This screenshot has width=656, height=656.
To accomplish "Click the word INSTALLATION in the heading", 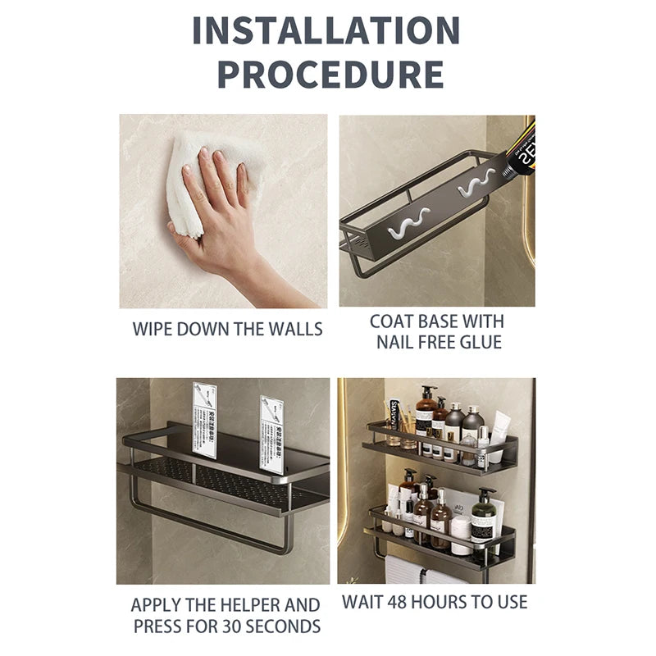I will coord(326,30).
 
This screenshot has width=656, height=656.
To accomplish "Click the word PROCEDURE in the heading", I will coord(330,74).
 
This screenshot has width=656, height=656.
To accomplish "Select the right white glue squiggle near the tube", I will coord(476,182).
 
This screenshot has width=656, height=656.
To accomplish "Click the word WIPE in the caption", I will coord(153,330).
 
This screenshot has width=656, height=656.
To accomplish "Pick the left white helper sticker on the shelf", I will coord(204,419).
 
